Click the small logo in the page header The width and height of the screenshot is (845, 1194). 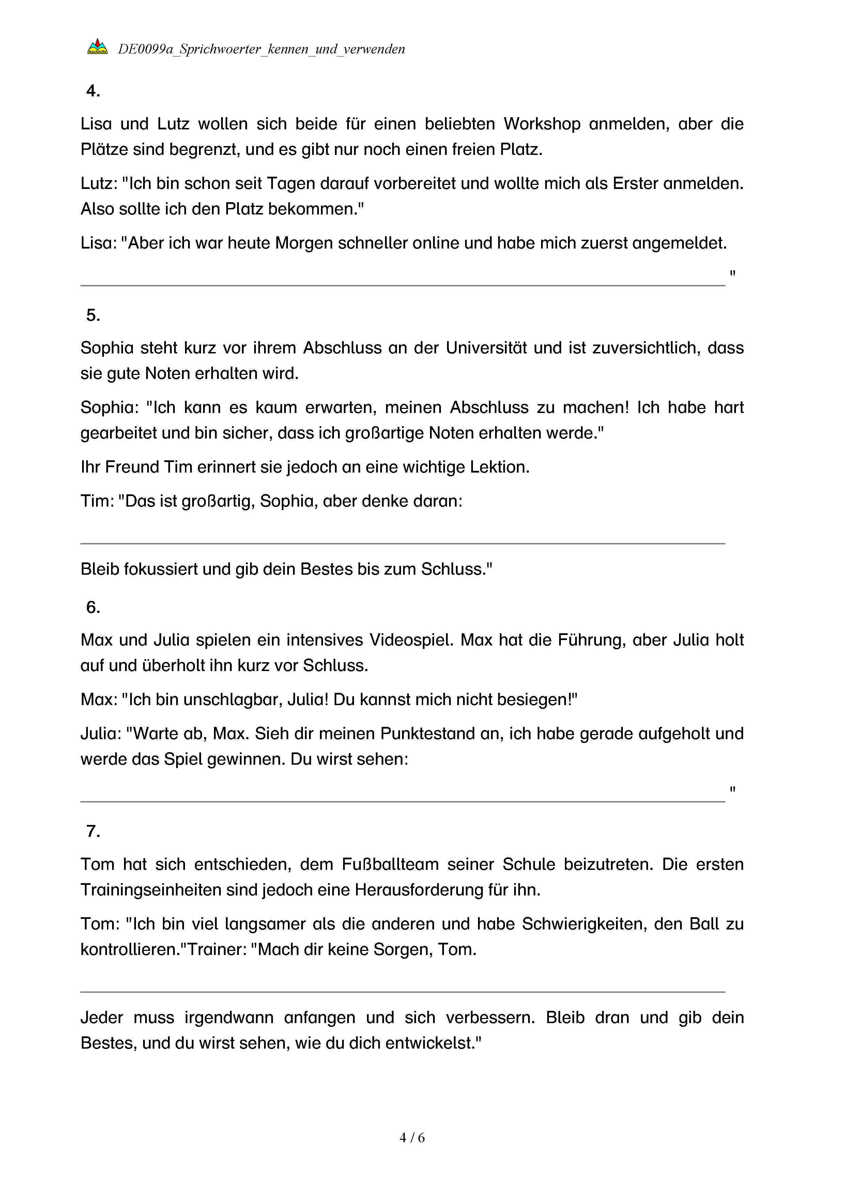(x=97, y=48)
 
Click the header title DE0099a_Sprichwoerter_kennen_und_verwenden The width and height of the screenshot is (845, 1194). (x=261, y=49)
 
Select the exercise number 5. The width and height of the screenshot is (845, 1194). (x=93, y=315)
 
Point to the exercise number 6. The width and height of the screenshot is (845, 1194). (x=93, y=607)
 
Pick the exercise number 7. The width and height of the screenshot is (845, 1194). (x=93, y=831)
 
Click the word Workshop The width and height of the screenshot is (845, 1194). (x=542, y=124)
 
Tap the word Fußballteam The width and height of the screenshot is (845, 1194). (x=390, y=864)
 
